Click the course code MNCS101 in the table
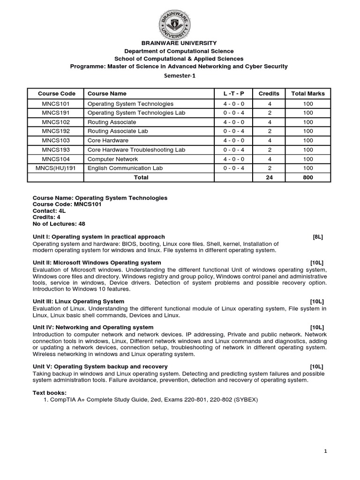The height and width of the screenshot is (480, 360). pyautogui.click(x=54, y=104)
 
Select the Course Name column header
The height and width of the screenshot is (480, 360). pyautogui.click(x=107, y=93)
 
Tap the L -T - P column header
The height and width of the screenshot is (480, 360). pyautogui.click(x=233, y=93)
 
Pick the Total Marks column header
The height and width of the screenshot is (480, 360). pyautogui.click(x=307, y=93)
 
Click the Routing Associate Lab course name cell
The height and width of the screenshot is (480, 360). pyautogui.click(x=118, y=131)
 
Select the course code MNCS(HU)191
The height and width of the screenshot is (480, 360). pyautogui.click(x=54, y=167)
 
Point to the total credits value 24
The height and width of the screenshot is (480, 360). pyautogui.click(x=269, y=177)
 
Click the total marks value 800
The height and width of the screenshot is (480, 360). pyautogui.click(x=307, y=177)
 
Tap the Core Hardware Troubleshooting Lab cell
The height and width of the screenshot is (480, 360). pyautogui.click(x=136, y=150)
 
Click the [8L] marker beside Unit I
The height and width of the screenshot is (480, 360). pyautogui.click(x=318, y=237)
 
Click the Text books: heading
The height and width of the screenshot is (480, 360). pyautogui.click(x=50, y=392)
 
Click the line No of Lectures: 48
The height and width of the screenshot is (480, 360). pyautogui.click(x=59, y=224)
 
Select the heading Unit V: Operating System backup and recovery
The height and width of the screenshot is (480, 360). pyautogui.click(x=100, y=366)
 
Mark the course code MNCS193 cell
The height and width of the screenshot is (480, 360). pyautogui.click(x=54, y=150)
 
